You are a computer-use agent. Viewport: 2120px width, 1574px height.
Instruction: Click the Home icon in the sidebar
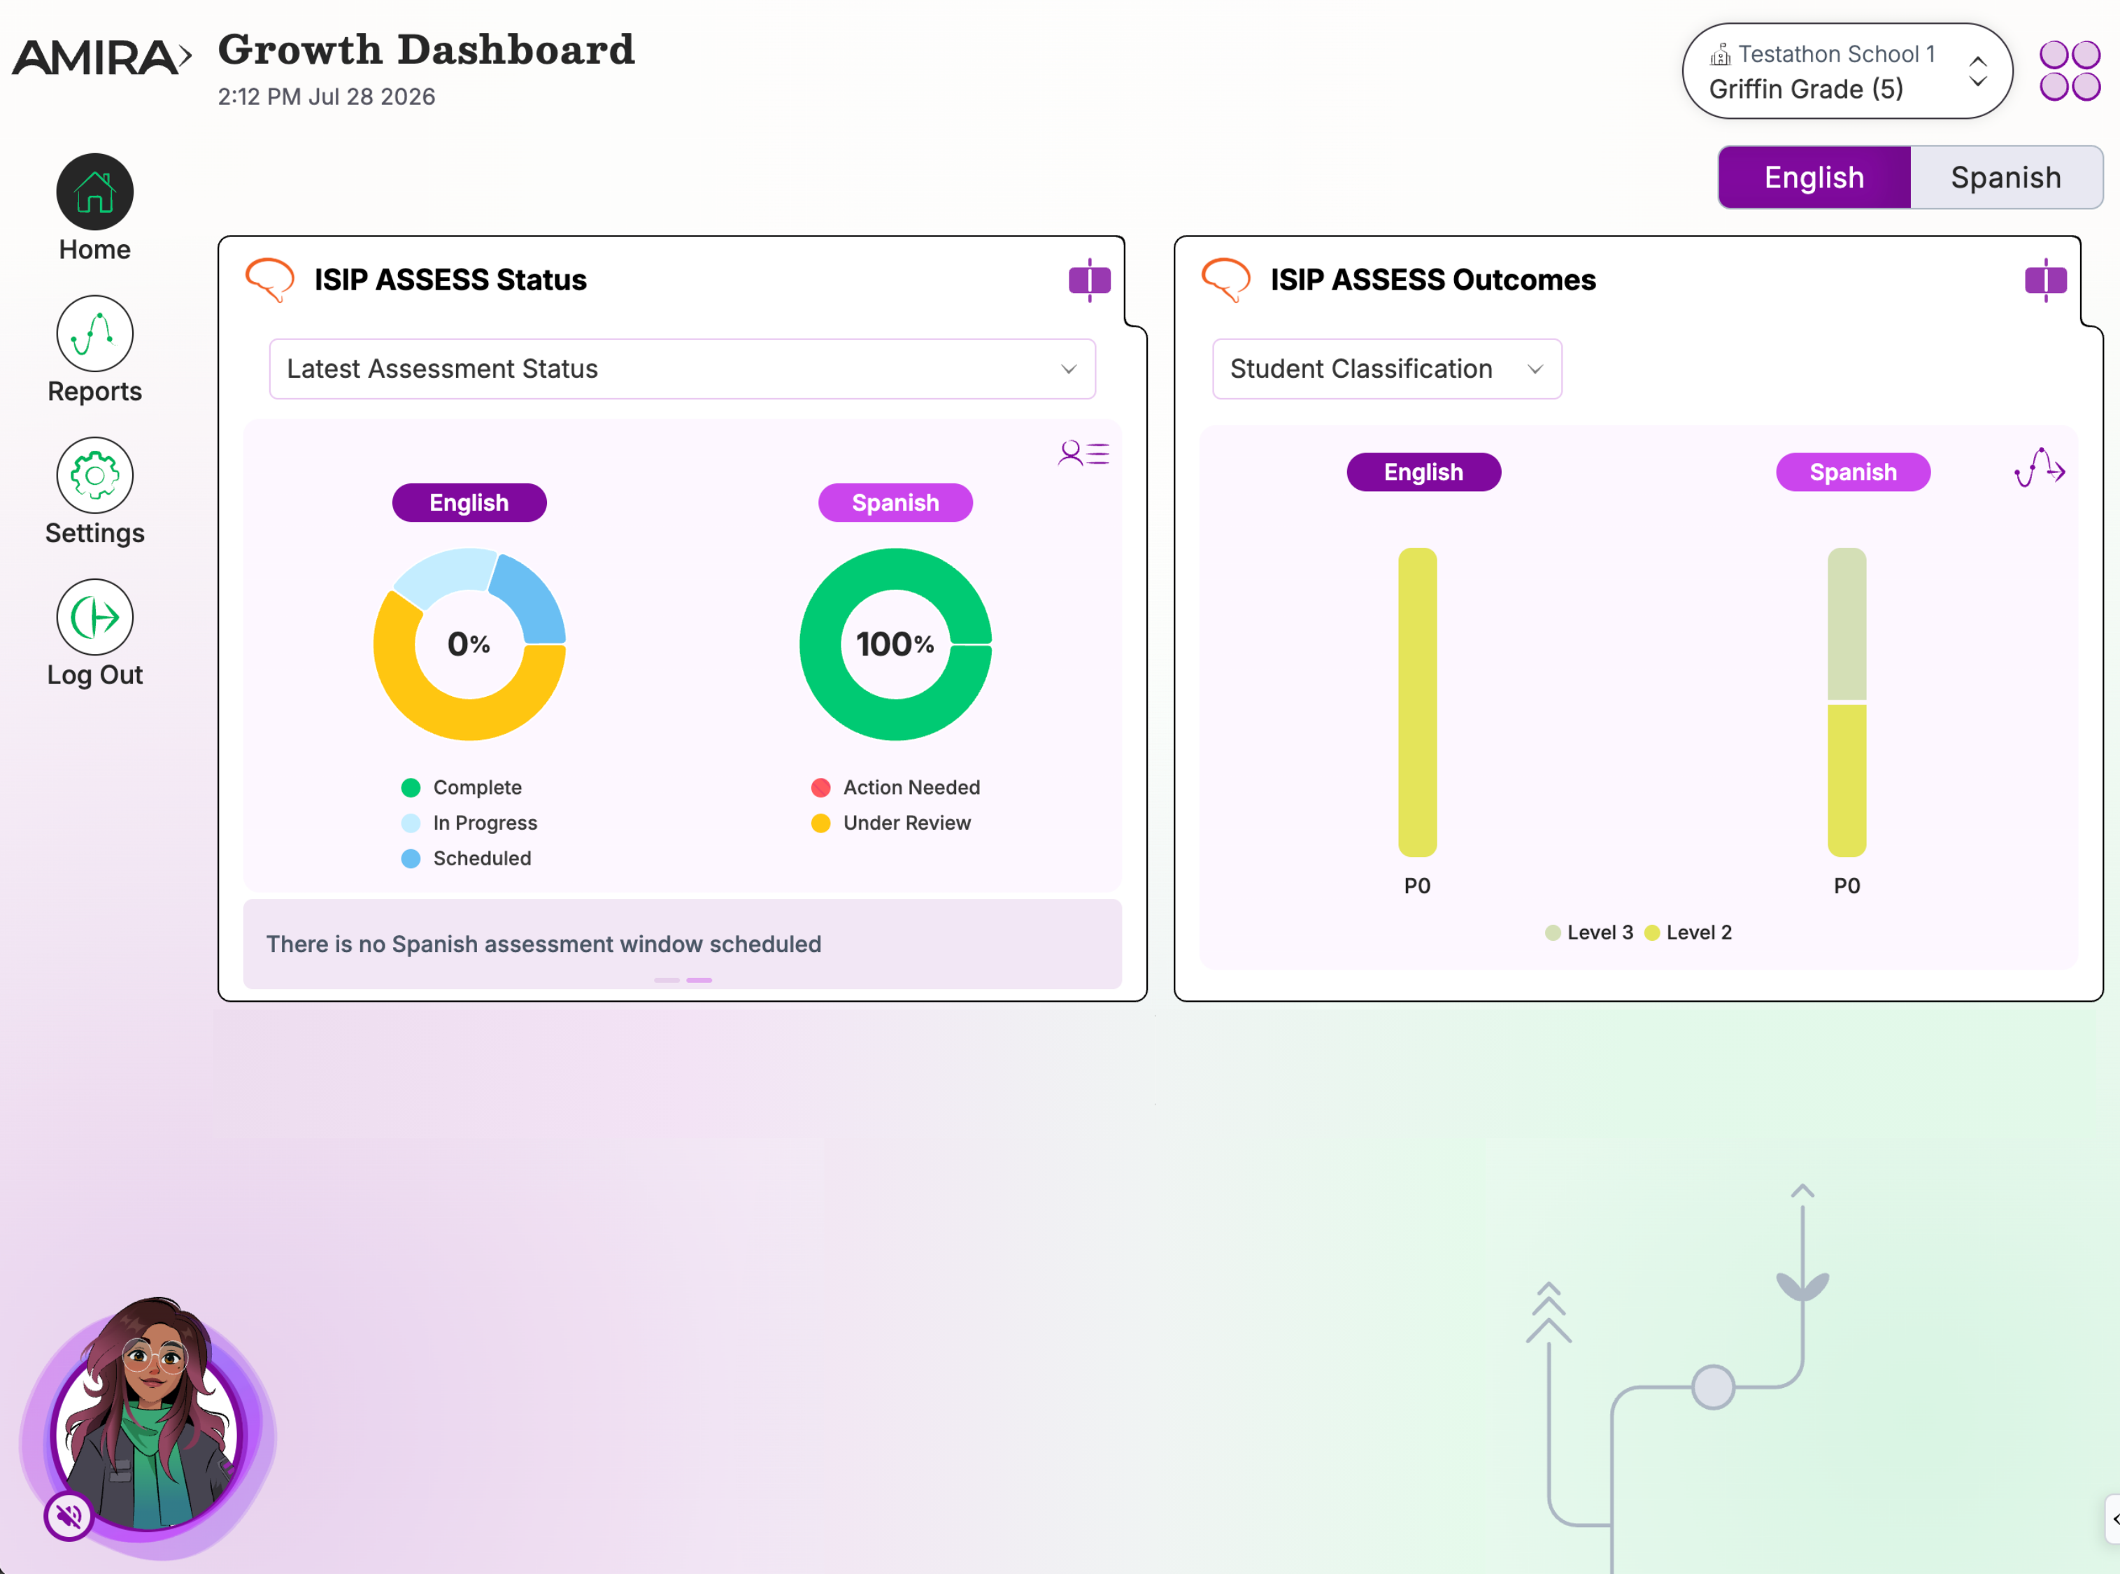coord(94,192)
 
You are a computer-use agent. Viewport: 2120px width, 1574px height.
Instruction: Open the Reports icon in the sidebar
coord(94,334)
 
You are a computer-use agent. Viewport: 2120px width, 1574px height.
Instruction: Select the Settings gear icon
coord(94,474)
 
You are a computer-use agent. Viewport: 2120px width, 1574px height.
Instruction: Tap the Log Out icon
coord(94,616)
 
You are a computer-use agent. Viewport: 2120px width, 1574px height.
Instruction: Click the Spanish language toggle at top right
coord(2006,177)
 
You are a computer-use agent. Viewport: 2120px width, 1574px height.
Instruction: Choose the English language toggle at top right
coord(1814,177)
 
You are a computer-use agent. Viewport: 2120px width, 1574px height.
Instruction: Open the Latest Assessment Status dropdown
coord(682,369)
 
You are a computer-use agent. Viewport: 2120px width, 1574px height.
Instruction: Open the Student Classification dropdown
coord(1387,369)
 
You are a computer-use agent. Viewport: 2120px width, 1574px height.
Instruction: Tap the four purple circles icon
coord(2070,71)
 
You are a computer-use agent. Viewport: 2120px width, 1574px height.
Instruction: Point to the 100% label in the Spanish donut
coord(895,644)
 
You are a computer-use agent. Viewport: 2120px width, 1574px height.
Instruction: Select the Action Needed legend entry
coord(895,787)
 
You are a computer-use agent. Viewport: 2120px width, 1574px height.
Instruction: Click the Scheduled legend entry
coord(467,858)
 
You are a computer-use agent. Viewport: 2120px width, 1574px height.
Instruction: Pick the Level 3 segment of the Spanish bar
coord(1847,624)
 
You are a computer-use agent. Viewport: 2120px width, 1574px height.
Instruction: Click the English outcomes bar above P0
coord(1417,702)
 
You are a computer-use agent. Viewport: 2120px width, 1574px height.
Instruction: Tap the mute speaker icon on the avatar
coord(69,1515)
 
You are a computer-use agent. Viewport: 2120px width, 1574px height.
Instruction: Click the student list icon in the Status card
coord(1083,453)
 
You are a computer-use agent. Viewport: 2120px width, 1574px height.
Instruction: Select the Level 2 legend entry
coord(1688,933)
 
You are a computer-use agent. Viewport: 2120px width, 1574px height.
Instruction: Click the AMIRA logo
coord(101,57)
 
